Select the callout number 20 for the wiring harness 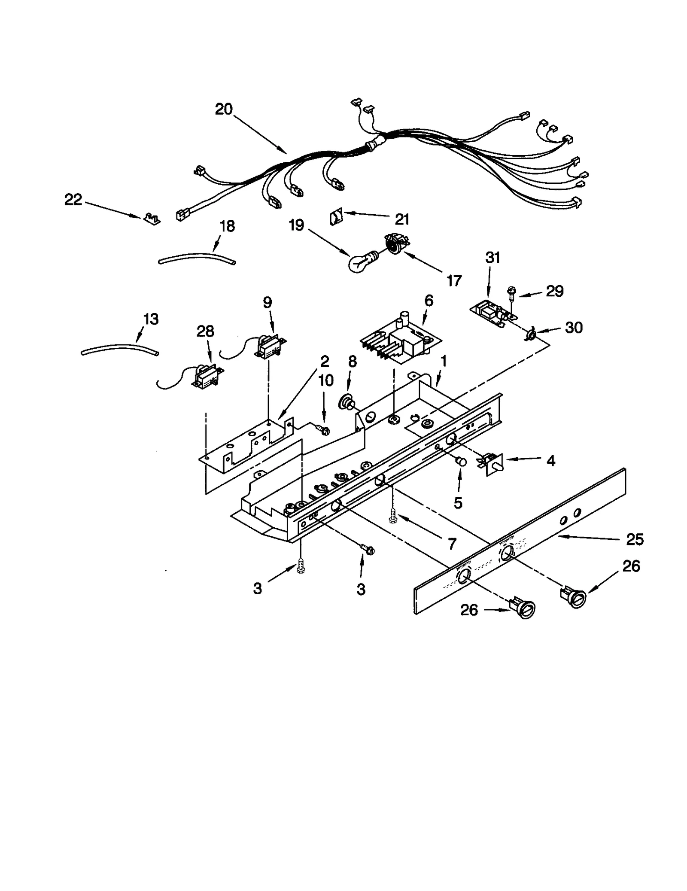pyautogui.click(x=224, y=109)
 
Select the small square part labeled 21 pyautogui.click(x=335, y=218)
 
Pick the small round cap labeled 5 pyautogui.click(x=461, y=461)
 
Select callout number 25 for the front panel pyautogui.click(x=635, y=539)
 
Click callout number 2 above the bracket pyautogui.click(x=325, y=362)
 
